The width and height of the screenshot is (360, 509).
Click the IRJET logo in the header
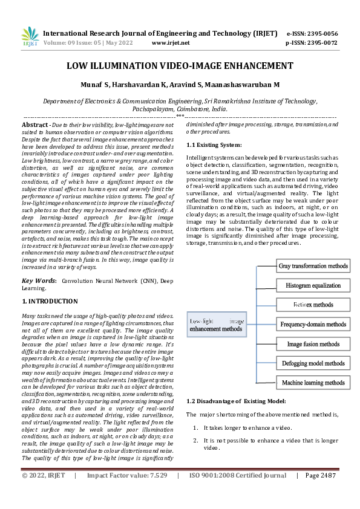coord(30,37)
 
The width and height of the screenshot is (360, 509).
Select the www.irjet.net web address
coord(171,43)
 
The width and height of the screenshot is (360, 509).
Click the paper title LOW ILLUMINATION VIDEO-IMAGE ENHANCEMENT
coord(180,65)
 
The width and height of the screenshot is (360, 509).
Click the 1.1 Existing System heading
coord(214,145)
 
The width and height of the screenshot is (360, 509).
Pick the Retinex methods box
coord(313,304)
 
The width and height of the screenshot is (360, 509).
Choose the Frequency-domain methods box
coord(313,324)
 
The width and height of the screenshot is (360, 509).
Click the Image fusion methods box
coord(313,344)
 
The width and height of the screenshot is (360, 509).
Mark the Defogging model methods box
coord(313,363)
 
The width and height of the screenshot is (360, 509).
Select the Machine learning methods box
coord(313,383)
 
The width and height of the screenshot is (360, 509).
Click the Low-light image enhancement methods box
coord(217,325)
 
